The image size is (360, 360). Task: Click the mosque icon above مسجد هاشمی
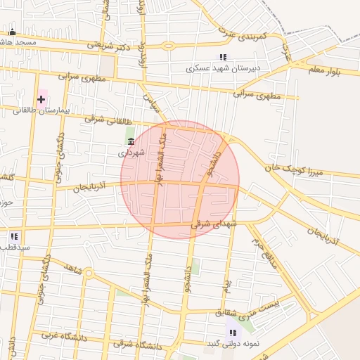[12, 32]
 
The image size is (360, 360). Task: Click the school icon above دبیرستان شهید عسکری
[223, 58]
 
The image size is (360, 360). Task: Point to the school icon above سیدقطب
[14, 236]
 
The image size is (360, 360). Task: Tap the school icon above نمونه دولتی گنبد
[232, 333]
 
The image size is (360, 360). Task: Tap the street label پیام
[226, 285]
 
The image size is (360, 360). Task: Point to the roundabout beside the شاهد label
[89, 274]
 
